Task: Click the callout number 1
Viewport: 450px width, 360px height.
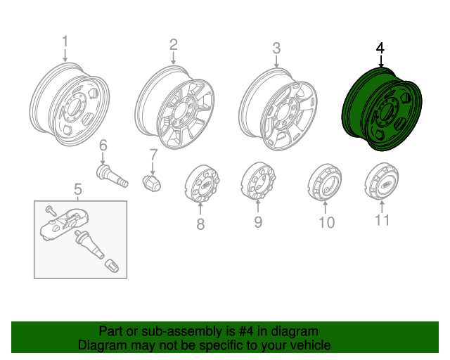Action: pyautogui.click(x=65, y=41)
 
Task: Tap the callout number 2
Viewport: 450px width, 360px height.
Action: pyautogui.click(x=174, y=45)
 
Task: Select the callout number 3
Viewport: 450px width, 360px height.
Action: pyautogui.click(x=276, y=49)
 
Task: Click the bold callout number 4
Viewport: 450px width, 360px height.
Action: pyautogui.click(x=380, y=49)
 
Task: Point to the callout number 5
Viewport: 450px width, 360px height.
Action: pyautogui.click(x=78, y=189)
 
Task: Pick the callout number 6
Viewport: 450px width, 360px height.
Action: pyautogui.click(x=103, y=146)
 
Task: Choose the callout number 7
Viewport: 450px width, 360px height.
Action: pyautogui.click(x=154, y=155)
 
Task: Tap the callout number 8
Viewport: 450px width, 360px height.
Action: pyautogui.click(x=200, y=224)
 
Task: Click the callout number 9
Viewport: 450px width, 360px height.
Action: pyautogui.click(x=258, y=221)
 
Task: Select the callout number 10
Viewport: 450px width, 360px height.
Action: pyautogui.click(x=326, y=222)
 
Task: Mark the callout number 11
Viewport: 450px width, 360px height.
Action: pyautogui.click(x=382, y=220)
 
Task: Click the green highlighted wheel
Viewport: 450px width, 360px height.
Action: pyautogui.click(x=382, y=109)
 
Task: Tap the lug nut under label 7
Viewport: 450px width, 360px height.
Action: pyautogui.click(x=152, y=183)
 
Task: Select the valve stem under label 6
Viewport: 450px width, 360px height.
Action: pyautogui.click(x=112, y=176)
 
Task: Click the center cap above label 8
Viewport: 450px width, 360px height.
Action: pyautogui.click(x=202, y=184)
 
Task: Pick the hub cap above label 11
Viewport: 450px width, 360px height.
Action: pyautogui.click(x=382, y=181)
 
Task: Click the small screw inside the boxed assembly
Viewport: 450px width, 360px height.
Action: pyautogui.click(x=51, y=210)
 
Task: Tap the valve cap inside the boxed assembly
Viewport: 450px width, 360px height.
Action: pyautogui.click(x=112, y=266)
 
